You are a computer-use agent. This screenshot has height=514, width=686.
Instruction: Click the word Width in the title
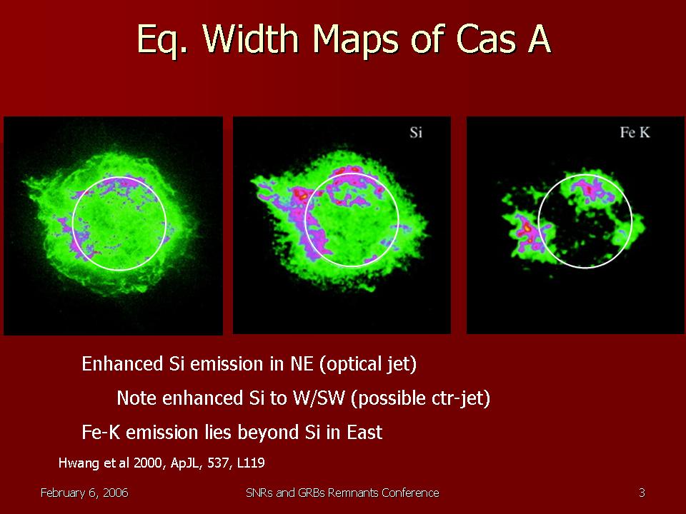click(x=251, y=39)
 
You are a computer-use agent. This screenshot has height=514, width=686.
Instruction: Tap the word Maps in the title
click(x=355, y=40)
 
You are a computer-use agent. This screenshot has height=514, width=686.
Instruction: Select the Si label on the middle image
click(x=416, y=132)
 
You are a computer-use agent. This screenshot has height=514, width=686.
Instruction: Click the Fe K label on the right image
click(x=635, y=132)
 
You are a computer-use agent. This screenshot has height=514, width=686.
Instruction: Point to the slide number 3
click(x=642, y=493)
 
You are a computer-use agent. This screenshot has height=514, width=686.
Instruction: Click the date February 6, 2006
click(x=84, y=493)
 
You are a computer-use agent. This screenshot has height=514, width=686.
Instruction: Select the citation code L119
click(x=251, y=463)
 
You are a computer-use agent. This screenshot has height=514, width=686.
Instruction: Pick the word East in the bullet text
click(x=364, y=433)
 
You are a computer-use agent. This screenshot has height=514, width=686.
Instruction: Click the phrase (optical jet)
click(x=368, y=364)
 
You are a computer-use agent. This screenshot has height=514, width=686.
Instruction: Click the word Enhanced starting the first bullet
click(x=122, y=364)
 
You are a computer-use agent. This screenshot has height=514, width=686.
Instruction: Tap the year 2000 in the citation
click(x=148, y=463)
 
